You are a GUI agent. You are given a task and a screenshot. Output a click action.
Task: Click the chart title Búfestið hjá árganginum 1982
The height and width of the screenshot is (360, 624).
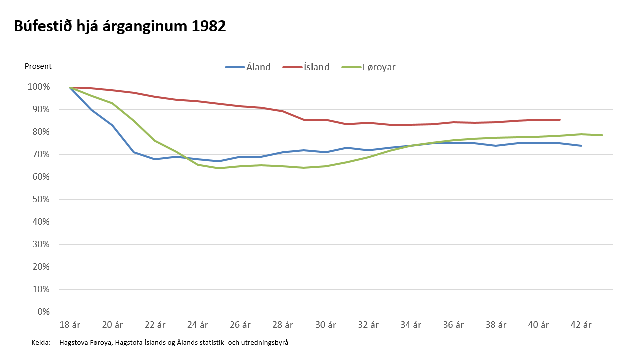coord(120,27)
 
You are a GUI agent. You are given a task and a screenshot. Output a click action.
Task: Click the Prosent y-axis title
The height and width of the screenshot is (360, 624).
coord(38,66)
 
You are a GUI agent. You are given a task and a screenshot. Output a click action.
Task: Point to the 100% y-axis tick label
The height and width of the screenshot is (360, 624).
coord(39,87)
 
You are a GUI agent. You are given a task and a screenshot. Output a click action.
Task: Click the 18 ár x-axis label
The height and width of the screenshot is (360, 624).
coord(69,325)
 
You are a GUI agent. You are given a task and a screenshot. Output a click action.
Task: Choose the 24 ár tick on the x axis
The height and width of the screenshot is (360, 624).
coord(197,325)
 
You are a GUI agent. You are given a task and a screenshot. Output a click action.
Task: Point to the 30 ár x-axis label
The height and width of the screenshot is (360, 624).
coord(326,325)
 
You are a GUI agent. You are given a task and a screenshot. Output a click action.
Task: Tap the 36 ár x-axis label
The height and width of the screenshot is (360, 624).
coord(453,325)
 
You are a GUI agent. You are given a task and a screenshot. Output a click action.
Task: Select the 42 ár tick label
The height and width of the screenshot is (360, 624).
coord(581,325)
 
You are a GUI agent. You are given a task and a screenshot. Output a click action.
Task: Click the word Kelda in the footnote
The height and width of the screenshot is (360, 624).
coord(40,343)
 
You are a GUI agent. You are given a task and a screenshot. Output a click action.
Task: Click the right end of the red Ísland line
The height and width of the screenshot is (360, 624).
coord(560,120)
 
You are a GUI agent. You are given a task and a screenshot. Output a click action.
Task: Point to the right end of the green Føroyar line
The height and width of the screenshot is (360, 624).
coord(602,135)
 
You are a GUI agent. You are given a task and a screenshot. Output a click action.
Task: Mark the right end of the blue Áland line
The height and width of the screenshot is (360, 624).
coord(581,146)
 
